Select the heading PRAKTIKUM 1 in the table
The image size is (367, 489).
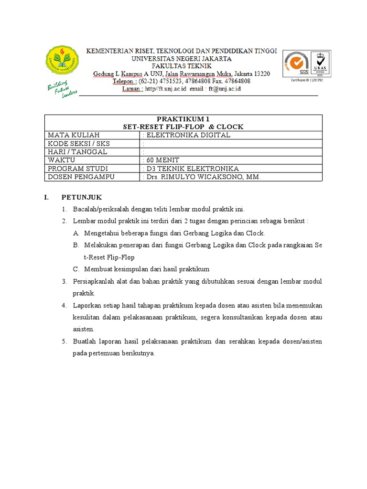pyautogui.click(x=183, y=119)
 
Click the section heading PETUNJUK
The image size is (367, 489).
pyautogui.click(x=81, y=197)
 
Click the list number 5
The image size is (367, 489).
pyautogui.click(x=65, y=341)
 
